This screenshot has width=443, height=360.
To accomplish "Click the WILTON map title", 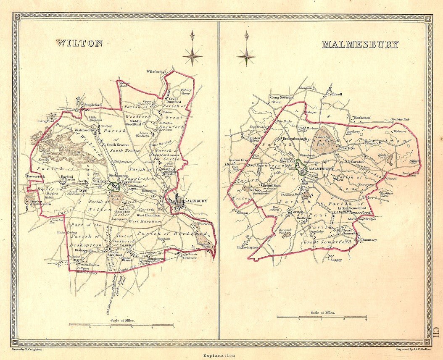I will pyautogui.click(x=79, y=43).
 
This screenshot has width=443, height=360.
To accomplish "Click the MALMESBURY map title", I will pyautogui.click(x=360, y=45).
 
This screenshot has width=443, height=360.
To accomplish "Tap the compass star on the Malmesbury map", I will pyautogui.click(x=246, y=56).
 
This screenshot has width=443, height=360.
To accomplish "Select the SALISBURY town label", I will pyautogui.click(x=196, y=201).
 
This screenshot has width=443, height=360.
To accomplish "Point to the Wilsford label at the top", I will pyautogui.click(x=154, y=72).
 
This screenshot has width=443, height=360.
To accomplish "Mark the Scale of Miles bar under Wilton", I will pyautogui.click(x=121, y=324).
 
